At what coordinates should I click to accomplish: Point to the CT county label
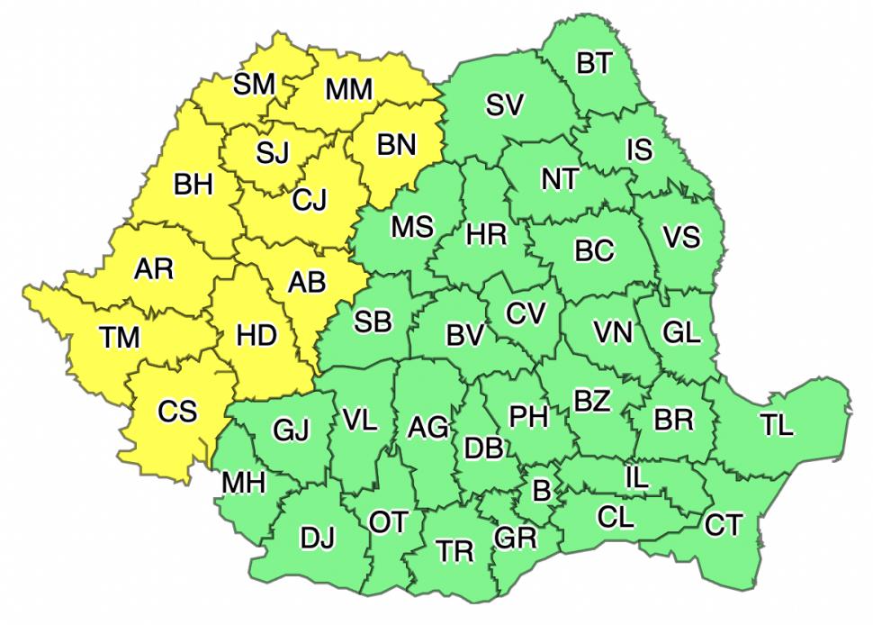click(x=724, y=524)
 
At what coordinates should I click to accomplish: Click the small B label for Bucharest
click(x=541, y=490)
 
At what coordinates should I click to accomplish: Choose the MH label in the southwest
click(x=243, y=484)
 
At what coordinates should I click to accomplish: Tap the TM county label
click(x=120, y=338)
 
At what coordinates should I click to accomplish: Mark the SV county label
click(x=504, y=105)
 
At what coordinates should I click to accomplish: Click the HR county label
click(x=487, y=235)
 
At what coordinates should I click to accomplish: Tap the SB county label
click(x=373, y=321)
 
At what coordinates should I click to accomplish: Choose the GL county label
click(x=681, y=332)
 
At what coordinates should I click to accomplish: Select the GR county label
click(x=515, y=538)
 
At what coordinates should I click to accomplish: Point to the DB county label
click(x=483, y=447)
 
